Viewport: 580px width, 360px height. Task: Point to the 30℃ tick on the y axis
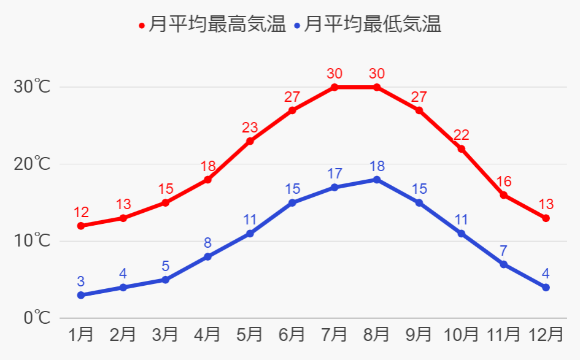pos(32,87)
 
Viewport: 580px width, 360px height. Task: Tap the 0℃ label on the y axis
pos(36,318)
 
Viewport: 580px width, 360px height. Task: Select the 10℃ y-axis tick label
pos(32,241)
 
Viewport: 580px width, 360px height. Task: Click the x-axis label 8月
pos(377,335)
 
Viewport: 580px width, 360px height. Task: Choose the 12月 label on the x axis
pos(546,335)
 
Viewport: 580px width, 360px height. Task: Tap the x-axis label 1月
pos(81,335)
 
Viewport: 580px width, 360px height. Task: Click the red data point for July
pos(334,87)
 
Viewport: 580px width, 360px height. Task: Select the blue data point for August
pos(377,180)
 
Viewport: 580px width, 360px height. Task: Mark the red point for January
pos(81,226)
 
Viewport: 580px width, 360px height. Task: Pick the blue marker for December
pos(546,287)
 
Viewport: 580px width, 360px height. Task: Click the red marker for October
pos(462,148)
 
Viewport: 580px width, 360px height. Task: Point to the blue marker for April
pos(207,256)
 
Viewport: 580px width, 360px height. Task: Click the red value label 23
pos(250,128)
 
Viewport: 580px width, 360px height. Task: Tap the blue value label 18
pos(377,166)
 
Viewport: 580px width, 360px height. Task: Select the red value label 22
pos(462,135)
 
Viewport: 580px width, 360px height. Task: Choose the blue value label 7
pos(503,251)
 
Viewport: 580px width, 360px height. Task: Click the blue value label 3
pos(81,281)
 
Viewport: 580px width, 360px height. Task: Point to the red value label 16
pos(503,182)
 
